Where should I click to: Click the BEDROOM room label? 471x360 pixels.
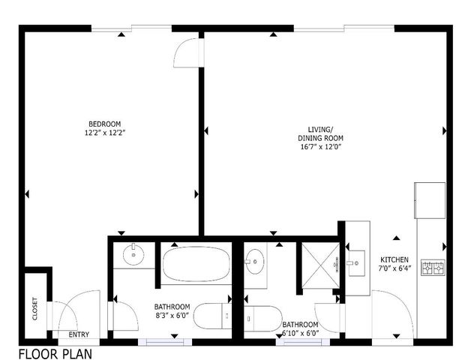pos(104,124)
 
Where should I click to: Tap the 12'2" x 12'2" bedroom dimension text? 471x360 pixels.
pos(104,133)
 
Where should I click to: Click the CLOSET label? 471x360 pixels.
pos(34,309)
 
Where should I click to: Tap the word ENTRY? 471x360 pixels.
pos(79,334)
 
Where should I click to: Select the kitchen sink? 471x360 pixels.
pos(356,262)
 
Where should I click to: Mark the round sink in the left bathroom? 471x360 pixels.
pos(133,255)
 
